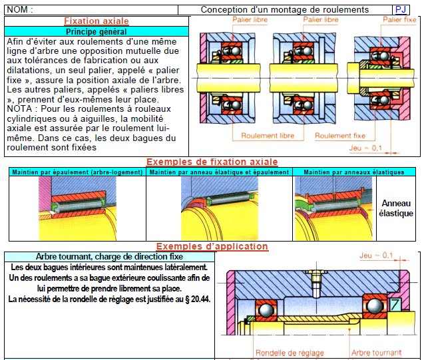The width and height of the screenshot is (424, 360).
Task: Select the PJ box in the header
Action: click(401, 9)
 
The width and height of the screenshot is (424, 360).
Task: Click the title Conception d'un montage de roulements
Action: click(284, 9)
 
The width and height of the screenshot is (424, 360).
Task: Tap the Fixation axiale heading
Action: click(96, 21)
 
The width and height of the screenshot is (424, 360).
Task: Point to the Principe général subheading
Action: click(96, 31)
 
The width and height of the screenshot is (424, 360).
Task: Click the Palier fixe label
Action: click(399, 20)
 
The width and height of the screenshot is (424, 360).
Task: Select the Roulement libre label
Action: click(267, 136)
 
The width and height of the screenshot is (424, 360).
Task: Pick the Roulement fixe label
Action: click(340, 136)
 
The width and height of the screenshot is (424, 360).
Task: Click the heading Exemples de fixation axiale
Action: click(212, 162)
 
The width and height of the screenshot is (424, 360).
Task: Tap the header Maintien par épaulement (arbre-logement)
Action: click(76, 172)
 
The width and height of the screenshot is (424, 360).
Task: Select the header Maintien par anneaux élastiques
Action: click(353, 172)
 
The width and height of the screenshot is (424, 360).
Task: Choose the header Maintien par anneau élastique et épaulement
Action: click(220, 172)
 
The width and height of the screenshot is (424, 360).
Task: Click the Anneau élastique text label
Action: click(396, 208)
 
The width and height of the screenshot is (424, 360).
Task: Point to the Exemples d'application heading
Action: click(212, 246)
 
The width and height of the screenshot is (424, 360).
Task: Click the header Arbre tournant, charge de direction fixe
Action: click(109, 257)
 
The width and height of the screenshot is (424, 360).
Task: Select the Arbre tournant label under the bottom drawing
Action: click(376, 353)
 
